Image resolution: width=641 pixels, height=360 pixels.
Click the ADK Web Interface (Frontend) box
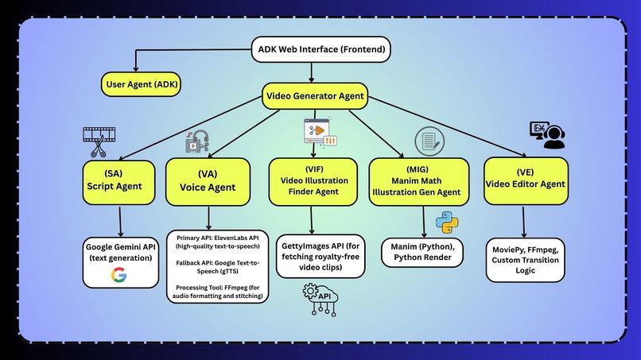coord(322,50)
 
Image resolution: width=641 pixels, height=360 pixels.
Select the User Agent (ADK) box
coord(141,83)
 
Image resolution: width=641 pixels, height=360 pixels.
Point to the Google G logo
coord(119,276)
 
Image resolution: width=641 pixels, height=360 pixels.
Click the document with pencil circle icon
coord(429,141)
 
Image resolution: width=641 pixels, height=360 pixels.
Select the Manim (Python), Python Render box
coord(422,253)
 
